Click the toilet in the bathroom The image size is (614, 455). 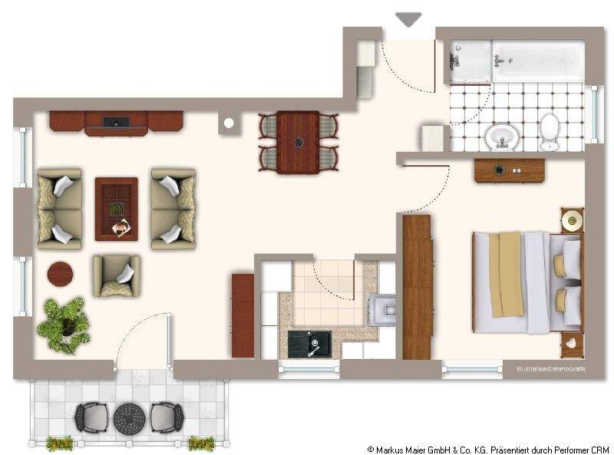[x=550, y=133]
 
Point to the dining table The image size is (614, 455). [x=298, y=141]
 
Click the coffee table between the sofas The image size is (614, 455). [x=116, y=208]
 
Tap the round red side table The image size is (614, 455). [x=61, y=273]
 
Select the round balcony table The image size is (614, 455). [x=129, y=418]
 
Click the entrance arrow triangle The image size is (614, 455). [x=407, y=19]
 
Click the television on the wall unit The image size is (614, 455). [x=116, y=121]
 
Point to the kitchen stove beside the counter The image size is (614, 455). [x=383, y=311]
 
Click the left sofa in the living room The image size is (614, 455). [x=60, y=209]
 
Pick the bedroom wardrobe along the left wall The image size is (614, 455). [x=417, y=287]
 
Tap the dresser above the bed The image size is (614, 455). [x=509, y=170]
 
